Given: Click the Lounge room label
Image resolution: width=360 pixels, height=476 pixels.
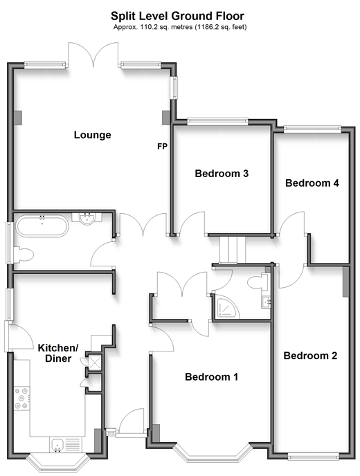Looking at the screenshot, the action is tap(92, 135).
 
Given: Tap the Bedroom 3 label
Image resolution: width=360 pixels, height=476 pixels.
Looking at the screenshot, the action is tap(222, 174).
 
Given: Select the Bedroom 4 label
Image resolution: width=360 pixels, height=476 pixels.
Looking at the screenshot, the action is tap(312, 183).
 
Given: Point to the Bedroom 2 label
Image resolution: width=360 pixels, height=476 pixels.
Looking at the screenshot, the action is tap(310, 356).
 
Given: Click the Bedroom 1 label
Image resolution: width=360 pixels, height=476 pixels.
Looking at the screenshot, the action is tap(211, 377).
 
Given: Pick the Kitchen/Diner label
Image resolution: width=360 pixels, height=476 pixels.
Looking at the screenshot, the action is tap(58, 353).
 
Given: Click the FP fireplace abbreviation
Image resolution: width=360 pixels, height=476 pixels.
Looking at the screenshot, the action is tap(162, 146).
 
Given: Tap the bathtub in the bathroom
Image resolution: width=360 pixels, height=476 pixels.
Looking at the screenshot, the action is tap(42, 226).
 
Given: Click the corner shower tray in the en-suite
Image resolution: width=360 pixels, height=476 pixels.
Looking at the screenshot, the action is tap(226, 306).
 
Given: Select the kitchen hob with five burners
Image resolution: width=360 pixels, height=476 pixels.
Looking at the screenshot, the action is tap(22, 398).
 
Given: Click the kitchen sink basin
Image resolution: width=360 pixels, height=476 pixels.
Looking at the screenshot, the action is tap(57, 445).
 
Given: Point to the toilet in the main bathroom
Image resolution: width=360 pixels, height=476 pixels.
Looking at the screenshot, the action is tap(23, 255).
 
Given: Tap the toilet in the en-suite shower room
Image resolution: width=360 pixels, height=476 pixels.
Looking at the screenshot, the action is tap(258, 282).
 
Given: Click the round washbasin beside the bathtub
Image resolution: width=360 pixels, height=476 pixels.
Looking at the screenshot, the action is tap(87, 218).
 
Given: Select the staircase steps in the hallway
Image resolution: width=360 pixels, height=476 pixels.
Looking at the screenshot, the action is tap(233, 250).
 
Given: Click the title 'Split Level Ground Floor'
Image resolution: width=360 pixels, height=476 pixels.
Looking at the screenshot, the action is tap(177, 16).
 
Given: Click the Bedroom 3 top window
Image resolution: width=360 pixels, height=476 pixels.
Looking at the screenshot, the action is tap(217, 122).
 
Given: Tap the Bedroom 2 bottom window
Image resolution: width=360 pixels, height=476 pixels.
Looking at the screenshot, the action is tap(313, 457).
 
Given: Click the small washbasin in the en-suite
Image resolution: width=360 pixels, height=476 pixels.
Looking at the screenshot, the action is tap(266, 302).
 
